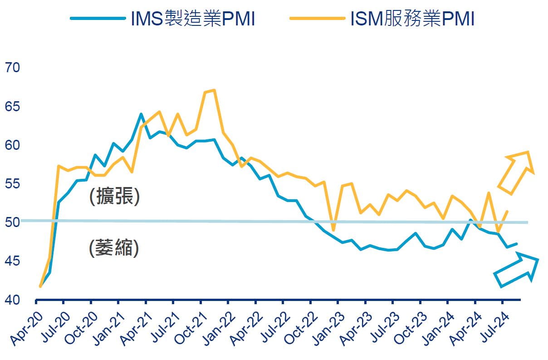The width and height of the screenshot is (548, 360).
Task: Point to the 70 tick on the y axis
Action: tap(12, 68)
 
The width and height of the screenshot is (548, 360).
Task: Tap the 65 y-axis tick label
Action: tap(12, 107)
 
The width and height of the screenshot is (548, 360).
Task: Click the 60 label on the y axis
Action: tap(12, 146)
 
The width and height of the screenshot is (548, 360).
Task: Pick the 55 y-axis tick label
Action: tap(12, 184)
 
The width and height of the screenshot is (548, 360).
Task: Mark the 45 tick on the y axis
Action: tap(12, 261)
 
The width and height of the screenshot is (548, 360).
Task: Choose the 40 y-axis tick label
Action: tap(12, 300)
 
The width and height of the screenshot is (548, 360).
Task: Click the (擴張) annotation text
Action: tap(114, 197)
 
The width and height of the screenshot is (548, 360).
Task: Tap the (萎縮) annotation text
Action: tap(114, 248)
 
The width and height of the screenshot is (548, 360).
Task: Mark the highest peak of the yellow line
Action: tap(214, 90)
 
